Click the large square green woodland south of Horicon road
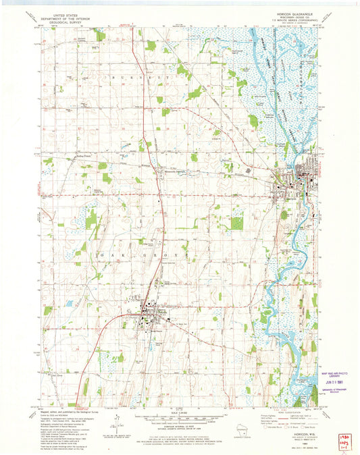236,221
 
